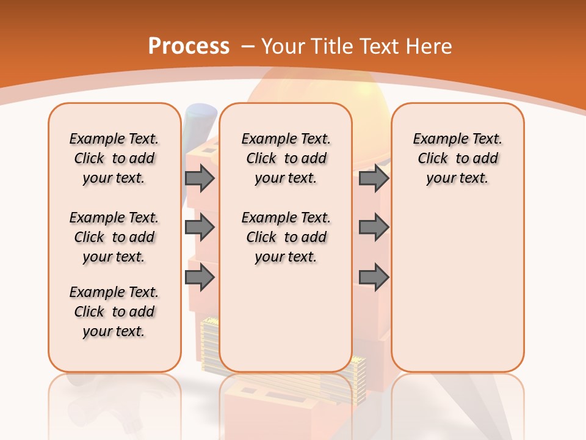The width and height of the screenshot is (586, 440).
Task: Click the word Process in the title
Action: [189, 46]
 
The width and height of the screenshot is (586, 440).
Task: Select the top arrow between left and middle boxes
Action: [200, 178]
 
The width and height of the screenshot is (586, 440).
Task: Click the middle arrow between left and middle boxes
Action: [200, 227]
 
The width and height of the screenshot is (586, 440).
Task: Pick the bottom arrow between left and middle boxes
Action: [200, 277]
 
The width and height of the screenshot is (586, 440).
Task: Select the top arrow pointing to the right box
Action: [374, 178]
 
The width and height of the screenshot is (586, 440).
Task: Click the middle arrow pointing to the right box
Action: [374, 227]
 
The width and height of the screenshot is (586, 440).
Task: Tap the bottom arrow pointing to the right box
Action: [374, 277]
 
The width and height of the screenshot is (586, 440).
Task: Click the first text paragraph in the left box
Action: [114, 158]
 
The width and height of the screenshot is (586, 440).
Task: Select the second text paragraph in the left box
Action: [114, 237]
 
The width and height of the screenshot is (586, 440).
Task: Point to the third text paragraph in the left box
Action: [114, 312]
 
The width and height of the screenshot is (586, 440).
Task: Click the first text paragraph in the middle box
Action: [286, 158]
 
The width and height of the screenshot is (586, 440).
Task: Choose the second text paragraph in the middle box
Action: [286, 237]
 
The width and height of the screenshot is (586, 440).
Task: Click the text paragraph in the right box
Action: [457, 158]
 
